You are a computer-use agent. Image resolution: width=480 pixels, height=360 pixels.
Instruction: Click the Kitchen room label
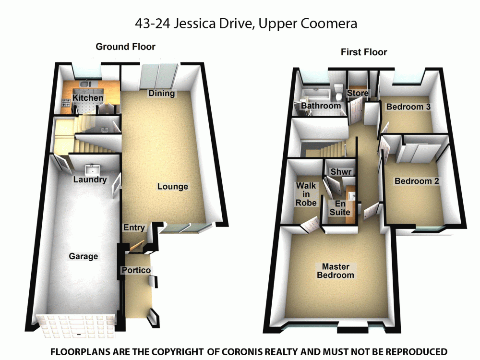(x=88, y=98)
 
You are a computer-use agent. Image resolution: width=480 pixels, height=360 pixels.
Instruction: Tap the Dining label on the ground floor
(x=161, y=93)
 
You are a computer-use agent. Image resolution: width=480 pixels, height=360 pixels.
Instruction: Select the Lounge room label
(x=173, y=186)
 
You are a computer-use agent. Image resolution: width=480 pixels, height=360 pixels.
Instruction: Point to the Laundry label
(x=89, y=180)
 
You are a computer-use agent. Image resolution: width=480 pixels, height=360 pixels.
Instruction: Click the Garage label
(x=84, y=256)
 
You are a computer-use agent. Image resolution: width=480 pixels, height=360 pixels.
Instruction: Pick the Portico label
(x=136, y=270)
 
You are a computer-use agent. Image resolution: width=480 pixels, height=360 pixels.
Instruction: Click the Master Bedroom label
(x=338, y=271)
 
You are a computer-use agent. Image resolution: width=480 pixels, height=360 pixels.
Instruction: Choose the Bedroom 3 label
(x=408, y=107)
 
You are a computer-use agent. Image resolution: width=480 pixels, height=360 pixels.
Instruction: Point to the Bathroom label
(x=321, y=106)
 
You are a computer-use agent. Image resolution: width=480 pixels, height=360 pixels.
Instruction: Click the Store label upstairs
(x=358, y=93)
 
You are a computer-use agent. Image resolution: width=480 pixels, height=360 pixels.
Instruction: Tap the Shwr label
(x=341, y=171)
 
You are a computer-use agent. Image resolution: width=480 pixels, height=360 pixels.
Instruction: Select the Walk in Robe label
(x=306, y=194)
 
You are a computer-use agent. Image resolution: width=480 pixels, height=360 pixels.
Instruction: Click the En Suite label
(x=339, y=207)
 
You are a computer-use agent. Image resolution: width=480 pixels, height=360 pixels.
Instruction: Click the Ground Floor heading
(x=125, y=47)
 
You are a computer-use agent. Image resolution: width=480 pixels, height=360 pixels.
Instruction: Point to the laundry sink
(x=92, y=169)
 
